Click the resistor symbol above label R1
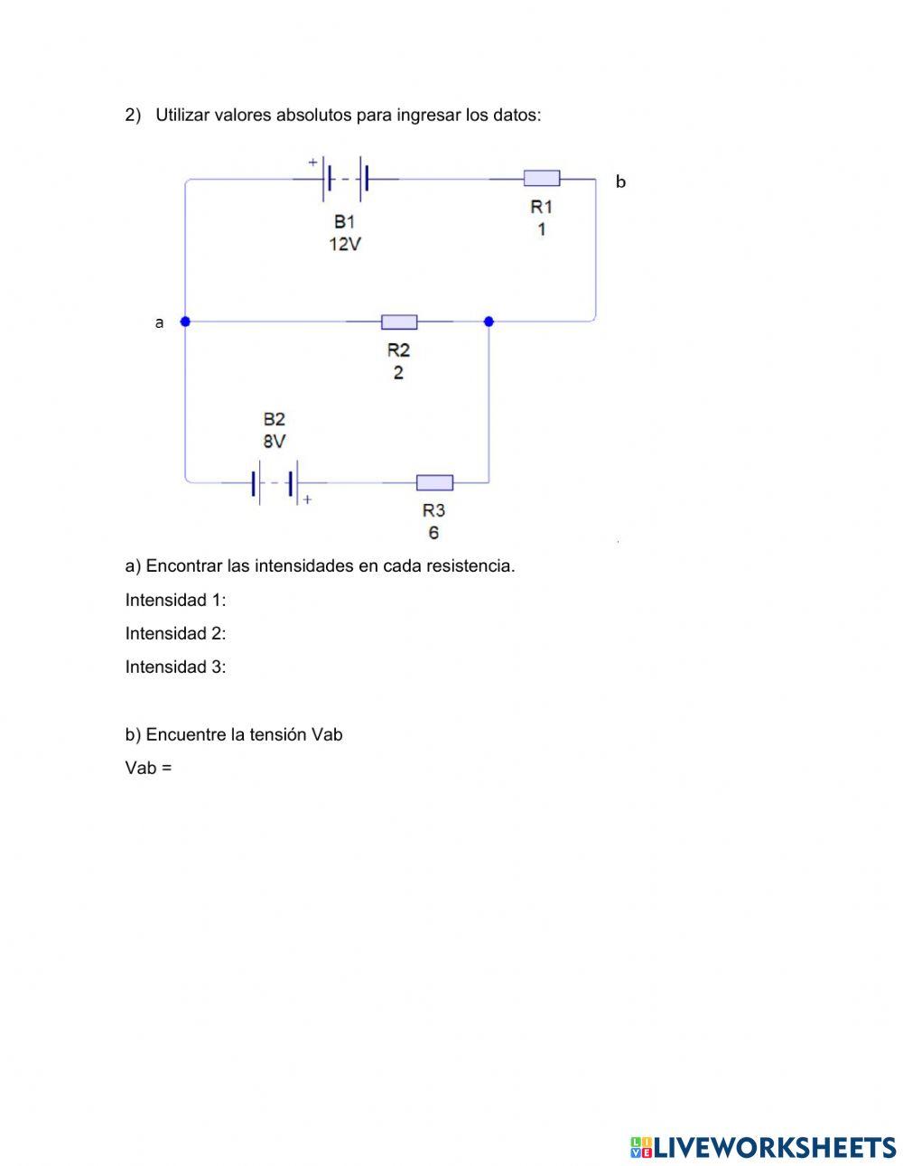pos(542,178)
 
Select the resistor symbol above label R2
pos(399,322)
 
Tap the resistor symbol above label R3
pos(434,482)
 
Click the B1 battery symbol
pos(346,179)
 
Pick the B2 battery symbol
pos(275,482)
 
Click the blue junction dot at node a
pos(185,322)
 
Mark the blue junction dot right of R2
pos(489,322)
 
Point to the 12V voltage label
pos(345,245)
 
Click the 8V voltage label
pos(274,441)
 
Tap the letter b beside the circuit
pos(620,182)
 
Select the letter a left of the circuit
pos(159,322)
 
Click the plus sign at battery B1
pos(312,162)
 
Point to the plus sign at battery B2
pos(307,499)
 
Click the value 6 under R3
pos(433,533)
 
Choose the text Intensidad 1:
pos(175,600)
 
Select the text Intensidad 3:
pos(175,667)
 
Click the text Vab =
pos(148,768)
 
